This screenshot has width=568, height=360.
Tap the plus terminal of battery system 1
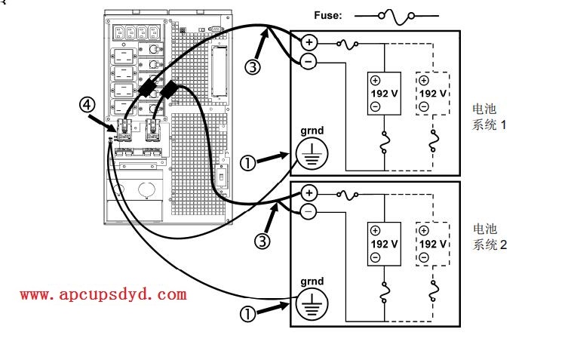tap(308, 42)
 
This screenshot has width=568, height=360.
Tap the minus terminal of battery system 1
tap(308, 62)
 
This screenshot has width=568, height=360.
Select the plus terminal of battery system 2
tap(308, 192)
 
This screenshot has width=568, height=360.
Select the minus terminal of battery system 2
tap(308, 212)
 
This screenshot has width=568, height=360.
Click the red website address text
tap(103, 294)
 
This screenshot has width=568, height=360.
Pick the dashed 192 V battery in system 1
tap(432, 94)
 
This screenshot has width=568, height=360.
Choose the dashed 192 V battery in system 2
tap(432, 244)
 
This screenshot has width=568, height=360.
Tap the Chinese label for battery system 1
tap(489, 117)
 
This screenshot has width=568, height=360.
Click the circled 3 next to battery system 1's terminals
tap(255, 67)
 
